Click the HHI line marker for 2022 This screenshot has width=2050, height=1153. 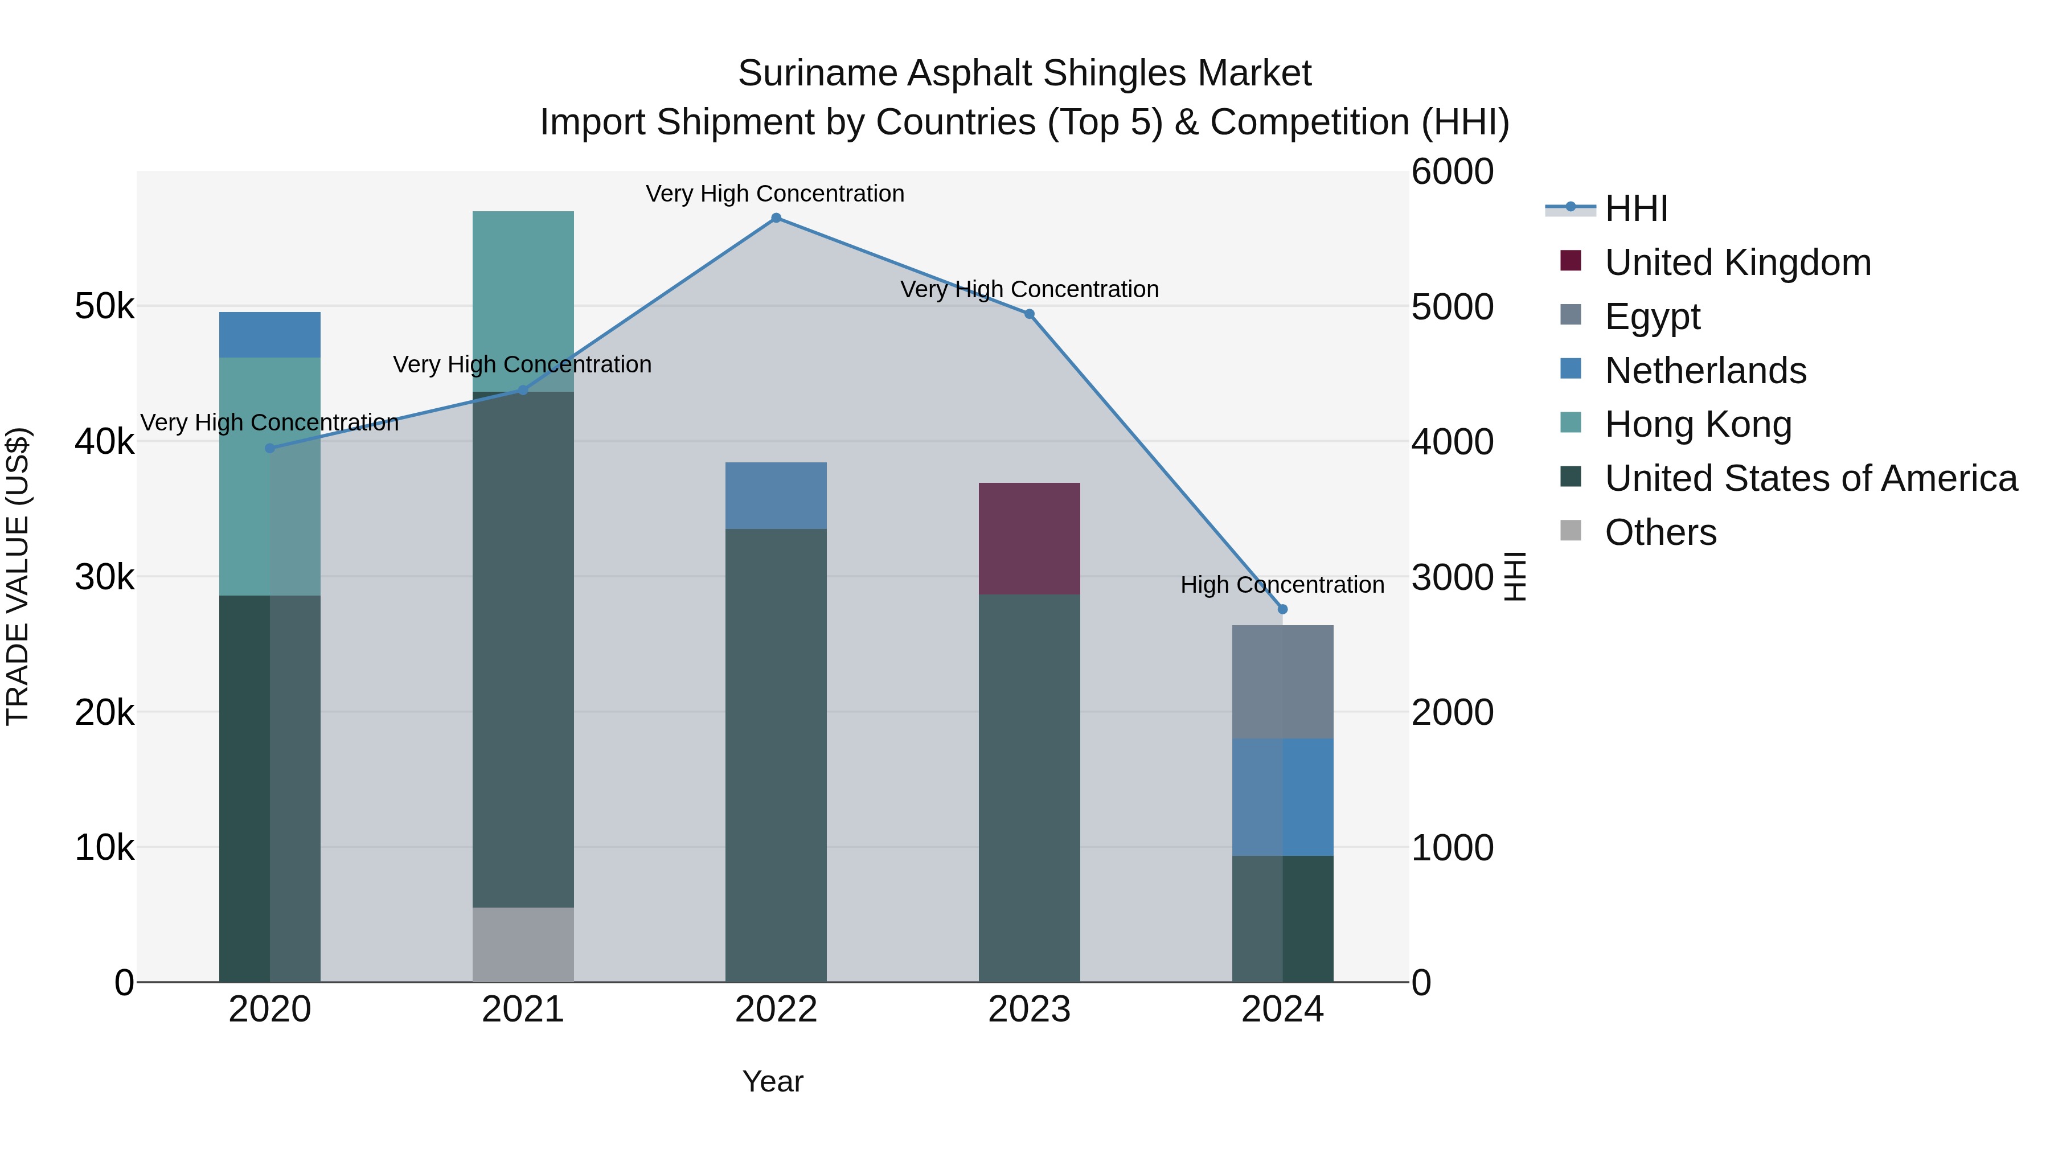tap(776, 218)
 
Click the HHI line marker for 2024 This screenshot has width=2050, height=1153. tap(1282, 609)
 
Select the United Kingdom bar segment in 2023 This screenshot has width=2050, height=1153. tap(1029, 539)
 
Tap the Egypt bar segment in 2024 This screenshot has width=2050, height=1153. tap(1282, 682)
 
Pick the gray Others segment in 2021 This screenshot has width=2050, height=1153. tap(523, 945)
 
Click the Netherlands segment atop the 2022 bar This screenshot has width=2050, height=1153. tap(776, 496)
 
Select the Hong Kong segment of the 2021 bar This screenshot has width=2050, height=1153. tap(523, 301)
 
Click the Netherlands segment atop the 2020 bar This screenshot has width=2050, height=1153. tap(270, 335)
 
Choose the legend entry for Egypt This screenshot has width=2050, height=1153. tap(1652, 317)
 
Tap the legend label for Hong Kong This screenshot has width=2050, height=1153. tap(1698, 424)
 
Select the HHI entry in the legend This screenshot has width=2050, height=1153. tap(1636, 208)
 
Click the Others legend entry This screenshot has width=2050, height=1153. tap(1660, 532)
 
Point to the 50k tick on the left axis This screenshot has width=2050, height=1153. tap(104, 306)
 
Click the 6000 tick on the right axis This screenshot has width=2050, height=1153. tap(1452, 172)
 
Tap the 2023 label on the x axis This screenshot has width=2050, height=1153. tap(1029, 1010)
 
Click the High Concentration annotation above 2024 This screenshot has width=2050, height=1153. tap(1282, 585)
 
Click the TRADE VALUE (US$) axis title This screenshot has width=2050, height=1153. tap(18, 576)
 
